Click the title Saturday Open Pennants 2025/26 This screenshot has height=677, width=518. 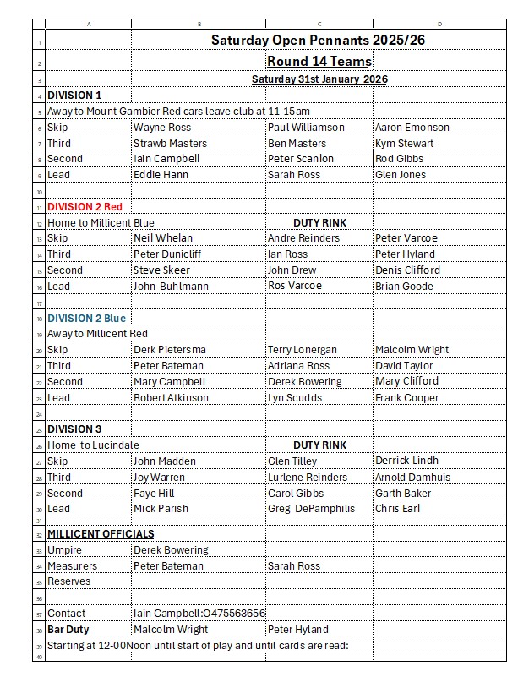coord(318,40)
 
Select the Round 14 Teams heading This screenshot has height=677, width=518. coord(319,61)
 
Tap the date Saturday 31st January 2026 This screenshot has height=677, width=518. coord(319,79)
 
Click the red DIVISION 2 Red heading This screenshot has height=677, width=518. coord(85,206)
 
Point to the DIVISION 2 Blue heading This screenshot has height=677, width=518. coord(86,318)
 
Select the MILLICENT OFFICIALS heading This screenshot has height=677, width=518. coord(101,534)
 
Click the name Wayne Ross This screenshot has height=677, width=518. coord(162,128)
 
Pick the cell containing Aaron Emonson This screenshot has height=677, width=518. coord(412,128)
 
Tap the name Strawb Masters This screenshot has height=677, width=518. coord(170,144)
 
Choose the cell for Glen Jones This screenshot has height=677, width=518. coord(401,175)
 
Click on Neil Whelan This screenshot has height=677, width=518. coord(164,238)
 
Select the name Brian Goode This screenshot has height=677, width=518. coord(404,287)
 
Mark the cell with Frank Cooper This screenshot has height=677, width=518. coord(406,398)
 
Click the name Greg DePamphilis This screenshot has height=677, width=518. coord(311,509)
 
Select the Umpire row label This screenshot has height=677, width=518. coord(64,550)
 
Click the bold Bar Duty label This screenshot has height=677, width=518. coord(68,630)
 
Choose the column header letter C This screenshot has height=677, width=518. coord(319,25)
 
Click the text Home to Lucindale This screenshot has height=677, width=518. coord(93,445)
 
